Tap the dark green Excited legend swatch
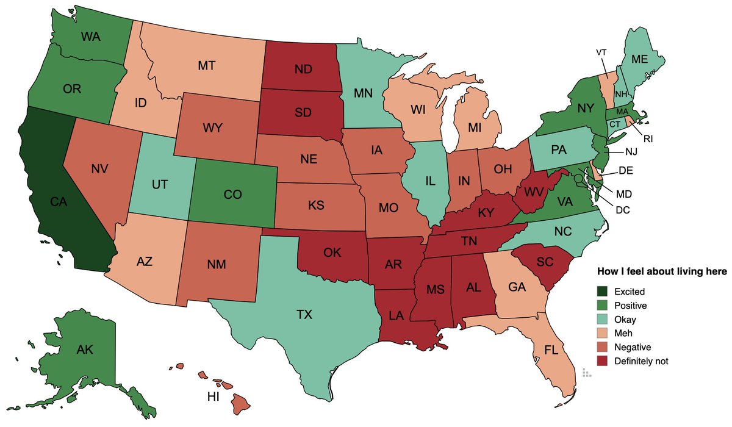[x=603, y=292]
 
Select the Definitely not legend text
[x=641, y=361]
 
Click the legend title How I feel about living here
[x=661, y=271]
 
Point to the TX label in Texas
[x=304, y=315]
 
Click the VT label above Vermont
[x=602, y=52]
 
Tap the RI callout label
[x=648, y=139]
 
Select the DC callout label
[x=623, y=209]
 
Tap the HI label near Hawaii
[x=213, y=397]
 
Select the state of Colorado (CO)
[x=232, y=195]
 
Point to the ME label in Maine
[x=639, y=59]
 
